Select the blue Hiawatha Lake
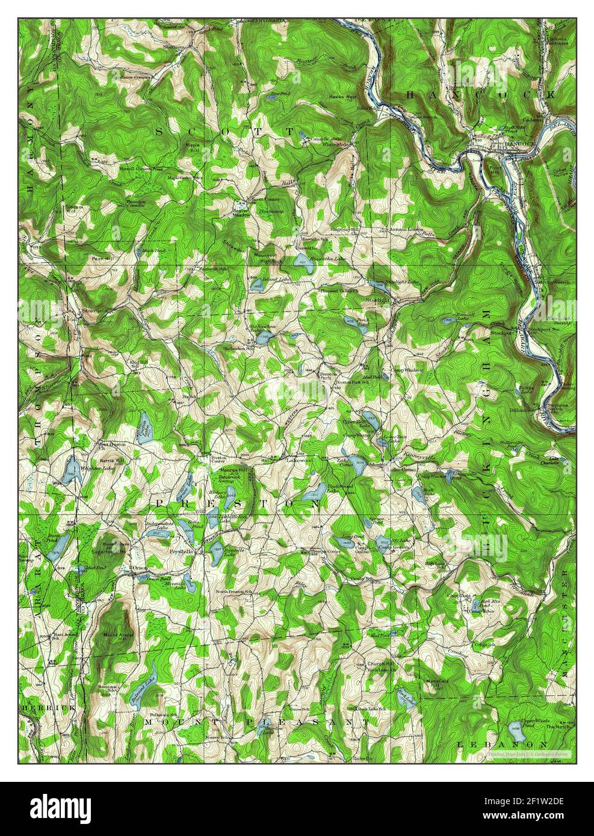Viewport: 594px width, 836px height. [x=300, y=260]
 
